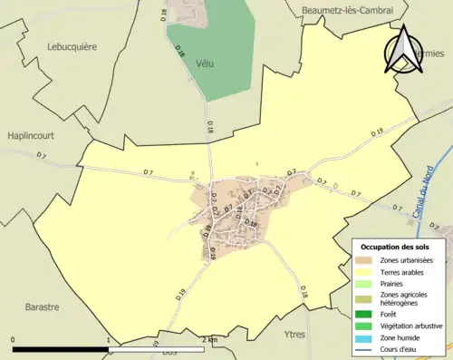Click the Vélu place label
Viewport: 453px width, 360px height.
203,63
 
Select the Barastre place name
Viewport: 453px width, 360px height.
43,306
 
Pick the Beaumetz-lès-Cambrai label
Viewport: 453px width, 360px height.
346,8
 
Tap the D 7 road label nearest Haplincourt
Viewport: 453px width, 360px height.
41,155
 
